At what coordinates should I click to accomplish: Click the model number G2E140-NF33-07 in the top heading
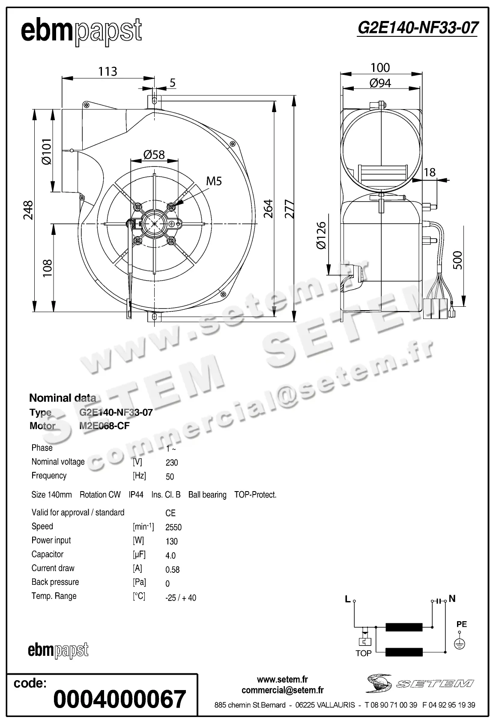tap(417, 28)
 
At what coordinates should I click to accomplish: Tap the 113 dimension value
tap(108, 71)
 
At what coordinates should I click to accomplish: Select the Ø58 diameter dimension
tap(154, 154)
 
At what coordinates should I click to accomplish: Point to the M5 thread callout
tap(214, 181)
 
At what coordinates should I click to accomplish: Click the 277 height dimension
tap(290, 209)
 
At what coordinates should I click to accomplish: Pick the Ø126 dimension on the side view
tap(321, 235)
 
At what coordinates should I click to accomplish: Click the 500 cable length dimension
tap(457, 260)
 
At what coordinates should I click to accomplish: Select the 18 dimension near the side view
tap(429, 172)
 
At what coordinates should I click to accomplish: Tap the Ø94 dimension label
tap(380, 83)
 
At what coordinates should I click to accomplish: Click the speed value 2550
tap(173, 527)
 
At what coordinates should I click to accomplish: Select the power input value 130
tap(171, 542)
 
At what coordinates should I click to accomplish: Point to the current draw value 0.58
tap(172, 570)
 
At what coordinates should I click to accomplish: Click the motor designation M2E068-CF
tap(105, 426)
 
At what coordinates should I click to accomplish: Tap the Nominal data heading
tap(63, 398)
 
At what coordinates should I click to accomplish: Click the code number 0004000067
tap(120, 699)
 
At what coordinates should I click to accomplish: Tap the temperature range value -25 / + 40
tap(180, 598)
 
